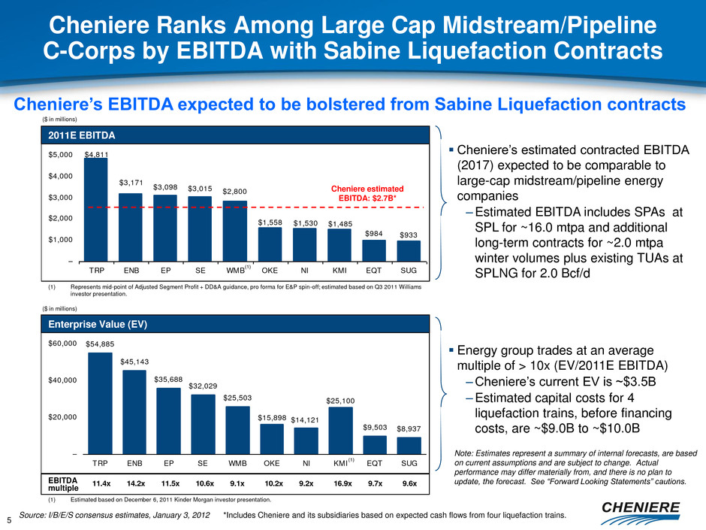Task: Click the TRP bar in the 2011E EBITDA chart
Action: pyautogui.click(x=96, y=210)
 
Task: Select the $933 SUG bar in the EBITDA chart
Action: pyautogui.click(x=409, y=251)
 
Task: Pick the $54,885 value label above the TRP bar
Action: pyautogui.click(x=100, y=344)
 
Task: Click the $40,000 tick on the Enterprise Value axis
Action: pyautogui.click(x=57, y=380)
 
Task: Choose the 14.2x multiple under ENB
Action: pyautogui.click(x=136, y=483)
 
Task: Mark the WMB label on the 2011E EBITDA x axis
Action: pyautogui.click(x=237, y=268)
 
